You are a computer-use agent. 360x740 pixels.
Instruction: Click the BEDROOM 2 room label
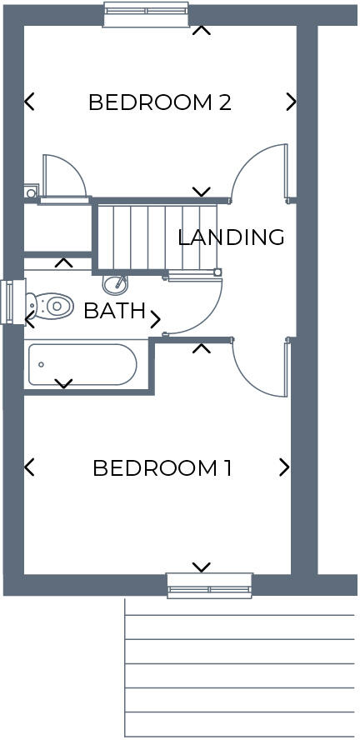coord(159,102)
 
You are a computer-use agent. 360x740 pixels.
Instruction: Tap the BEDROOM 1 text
coord(162,467)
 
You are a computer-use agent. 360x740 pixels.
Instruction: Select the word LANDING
coord(231,237)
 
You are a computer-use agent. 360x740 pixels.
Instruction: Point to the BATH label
coord(114,312)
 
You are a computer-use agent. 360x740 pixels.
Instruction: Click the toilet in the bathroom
coord(49,305)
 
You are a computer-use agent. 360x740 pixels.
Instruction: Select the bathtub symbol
coord(82,364)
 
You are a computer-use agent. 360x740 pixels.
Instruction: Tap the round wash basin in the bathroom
coord(115,283)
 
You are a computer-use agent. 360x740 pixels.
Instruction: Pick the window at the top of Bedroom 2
coord(146,14)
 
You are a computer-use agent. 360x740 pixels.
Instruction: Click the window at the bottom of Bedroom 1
coord(209,585)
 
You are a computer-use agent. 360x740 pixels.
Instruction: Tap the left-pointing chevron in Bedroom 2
coord(29,102)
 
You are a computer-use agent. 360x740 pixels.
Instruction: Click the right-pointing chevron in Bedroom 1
coord(284,467)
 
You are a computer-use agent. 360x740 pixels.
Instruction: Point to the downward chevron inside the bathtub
coord(63,383)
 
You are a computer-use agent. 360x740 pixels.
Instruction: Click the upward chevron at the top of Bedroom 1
coord(201,347)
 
